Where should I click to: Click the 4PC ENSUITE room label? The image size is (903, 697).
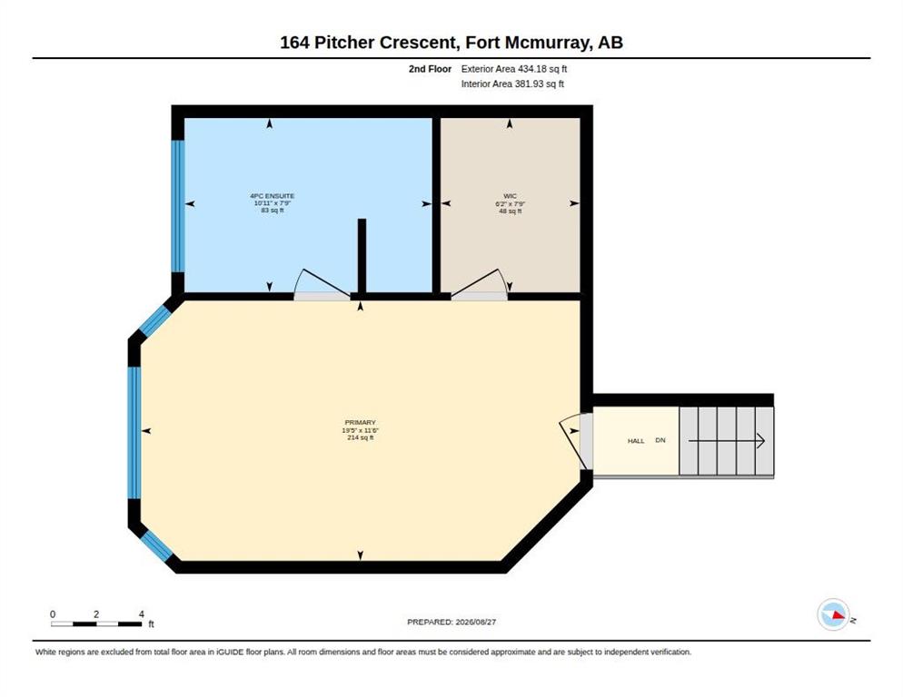(273, 196)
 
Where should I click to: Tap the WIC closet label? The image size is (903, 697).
(510, 196)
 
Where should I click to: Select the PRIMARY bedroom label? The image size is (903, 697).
(360, 422)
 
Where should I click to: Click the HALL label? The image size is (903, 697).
(636, 441)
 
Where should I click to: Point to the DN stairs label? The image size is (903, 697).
(660, 440)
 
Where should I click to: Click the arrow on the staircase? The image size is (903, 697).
(727, 441)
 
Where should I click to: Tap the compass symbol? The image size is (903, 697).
(834, 614)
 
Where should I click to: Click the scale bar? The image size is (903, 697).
(96, 623)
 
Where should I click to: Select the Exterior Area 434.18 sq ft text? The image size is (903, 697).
(513, 69)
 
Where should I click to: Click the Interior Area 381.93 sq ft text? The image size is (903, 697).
(512, 84)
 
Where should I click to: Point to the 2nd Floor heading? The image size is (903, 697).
(431, 69)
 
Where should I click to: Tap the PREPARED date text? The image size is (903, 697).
(451, 623)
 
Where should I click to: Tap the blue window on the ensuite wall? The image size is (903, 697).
(178, 206)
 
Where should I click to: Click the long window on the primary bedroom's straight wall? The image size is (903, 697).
(134, 433)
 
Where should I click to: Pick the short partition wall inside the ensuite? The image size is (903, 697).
(362, 257)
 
